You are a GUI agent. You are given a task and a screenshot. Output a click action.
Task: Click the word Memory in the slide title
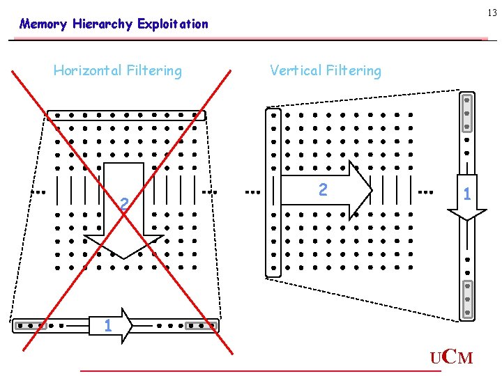[x=43, y=24]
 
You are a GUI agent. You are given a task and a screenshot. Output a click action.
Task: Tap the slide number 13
[x=492, y=12]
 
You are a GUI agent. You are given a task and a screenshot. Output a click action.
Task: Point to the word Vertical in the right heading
[x=296, y=70]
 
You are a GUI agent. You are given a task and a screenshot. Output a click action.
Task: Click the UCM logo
[x=451, y=358]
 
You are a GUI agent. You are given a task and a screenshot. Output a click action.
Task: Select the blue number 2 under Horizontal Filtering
[x=123, y=204]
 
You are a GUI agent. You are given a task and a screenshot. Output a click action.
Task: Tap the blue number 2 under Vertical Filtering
[x=322, y=189]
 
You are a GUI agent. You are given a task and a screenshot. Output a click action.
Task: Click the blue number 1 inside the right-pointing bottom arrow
[x=107, y=325]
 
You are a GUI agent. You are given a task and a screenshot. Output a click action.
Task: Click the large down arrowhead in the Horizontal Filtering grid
[x=123, y=246]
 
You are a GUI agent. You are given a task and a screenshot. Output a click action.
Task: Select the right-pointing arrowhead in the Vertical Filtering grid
[x=360, y=190]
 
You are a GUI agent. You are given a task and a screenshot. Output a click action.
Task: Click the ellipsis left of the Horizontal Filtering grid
[x=40, y=190]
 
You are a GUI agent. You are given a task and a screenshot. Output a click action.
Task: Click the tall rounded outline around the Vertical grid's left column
[x=273, y=192]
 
